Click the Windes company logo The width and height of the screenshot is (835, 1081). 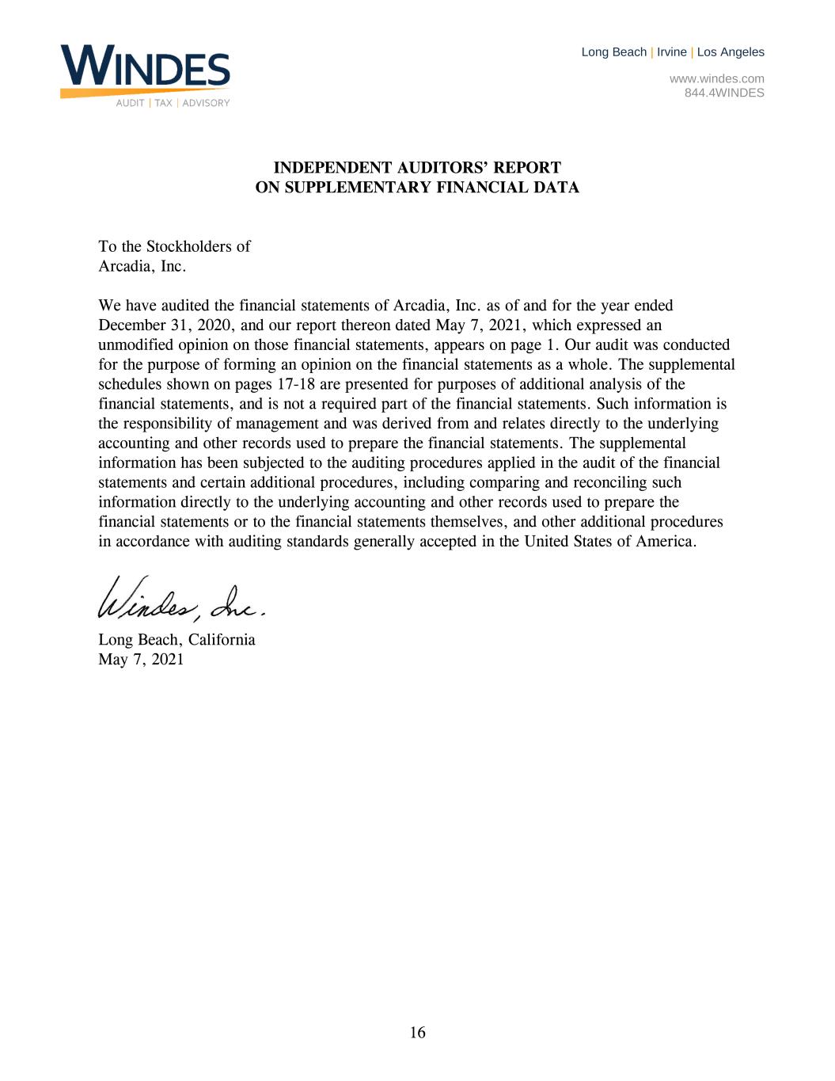145,70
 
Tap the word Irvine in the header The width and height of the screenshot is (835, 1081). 671,52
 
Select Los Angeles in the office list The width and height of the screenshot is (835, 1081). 731,52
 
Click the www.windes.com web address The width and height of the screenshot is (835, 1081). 716,78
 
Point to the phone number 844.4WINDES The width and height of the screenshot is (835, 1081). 724,93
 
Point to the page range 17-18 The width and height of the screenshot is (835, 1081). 297,384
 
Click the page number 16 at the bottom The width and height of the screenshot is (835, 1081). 417,1032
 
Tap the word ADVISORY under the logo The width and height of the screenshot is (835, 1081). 206,103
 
